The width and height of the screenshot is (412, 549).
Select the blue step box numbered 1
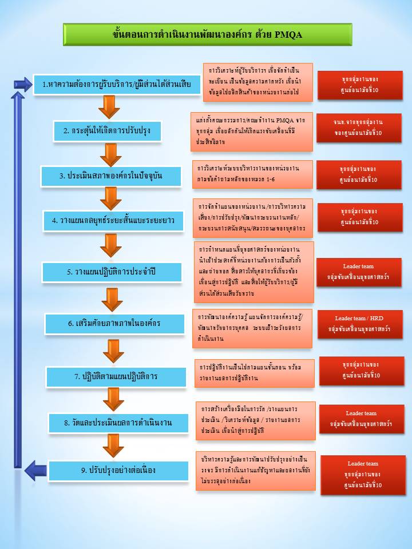point(113,85)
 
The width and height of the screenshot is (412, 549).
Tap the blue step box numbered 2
point(108,131)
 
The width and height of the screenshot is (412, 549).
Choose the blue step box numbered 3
point(111,176)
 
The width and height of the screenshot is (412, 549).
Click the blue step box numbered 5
point(112,272)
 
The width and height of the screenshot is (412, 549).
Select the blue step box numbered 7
point(116,376)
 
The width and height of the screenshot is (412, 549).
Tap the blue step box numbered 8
point(118,423)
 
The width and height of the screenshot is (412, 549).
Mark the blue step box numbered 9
point(118,470)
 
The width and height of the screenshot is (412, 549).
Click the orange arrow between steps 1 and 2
point(109,107)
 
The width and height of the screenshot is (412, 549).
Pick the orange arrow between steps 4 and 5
point(110,245)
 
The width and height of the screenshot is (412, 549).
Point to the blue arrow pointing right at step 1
point(23,84)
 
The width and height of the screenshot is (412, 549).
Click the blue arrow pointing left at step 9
point(35,470)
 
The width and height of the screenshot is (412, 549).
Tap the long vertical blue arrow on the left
point(18,274)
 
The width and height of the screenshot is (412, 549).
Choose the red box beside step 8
point(360,419)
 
